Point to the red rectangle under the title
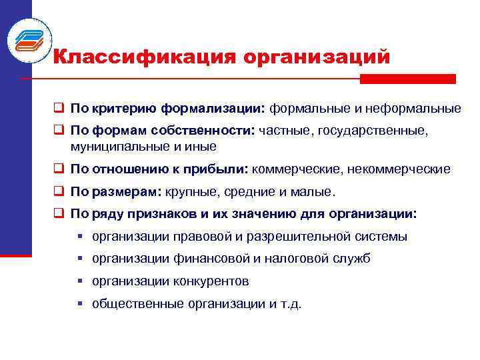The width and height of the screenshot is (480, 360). pos(407,79)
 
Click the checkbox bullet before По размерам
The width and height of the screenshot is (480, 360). pos(59,193)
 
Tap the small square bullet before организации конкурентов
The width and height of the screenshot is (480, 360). pos(79,281)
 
